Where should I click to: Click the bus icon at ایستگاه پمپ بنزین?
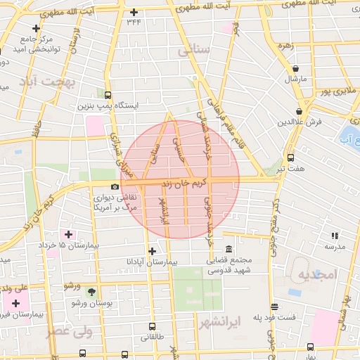click(108, 95)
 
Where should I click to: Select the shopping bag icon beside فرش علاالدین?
click(300, 110)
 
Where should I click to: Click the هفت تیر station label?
click(290, 169)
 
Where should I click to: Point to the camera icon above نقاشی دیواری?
click(115, 186)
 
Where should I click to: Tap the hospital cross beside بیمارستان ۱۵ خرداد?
click(68, 233)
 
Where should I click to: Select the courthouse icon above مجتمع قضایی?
click(230, 249)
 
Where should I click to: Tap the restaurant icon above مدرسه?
click(335, 236)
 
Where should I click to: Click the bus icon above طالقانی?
click(153, 327)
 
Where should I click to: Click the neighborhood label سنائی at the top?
click(193, 51)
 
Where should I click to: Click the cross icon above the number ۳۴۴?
click(134, 12)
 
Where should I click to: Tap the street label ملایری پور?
click(335, 91)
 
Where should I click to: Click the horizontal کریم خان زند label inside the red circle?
click(184, 184)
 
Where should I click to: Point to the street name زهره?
click(285, 46)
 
